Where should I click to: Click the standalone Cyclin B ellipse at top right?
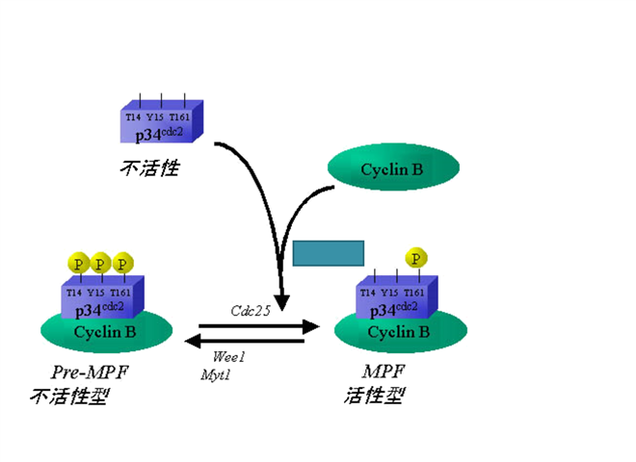pyautogui.click(x=391, y=169)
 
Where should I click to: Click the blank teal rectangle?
pyautogui.click(x=328, y=253)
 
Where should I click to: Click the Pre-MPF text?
pyautogui.click(x=90, y=372)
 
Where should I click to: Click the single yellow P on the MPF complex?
pyautogui.click(x=415, y=258)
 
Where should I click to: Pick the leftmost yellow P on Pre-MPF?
pyautogui.click(x=77, y=262)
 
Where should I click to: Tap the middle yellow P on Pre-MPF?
pyautogui.click(x=99, y=262)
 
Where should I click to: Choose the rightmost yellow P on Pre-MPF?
pyautogui.click(x=121, y=262)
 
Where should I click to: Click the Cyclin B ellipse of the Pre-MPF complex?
pyautogui.click(x=106, y=332)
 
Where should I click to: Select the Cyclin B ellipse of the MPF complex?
pyautogui.click(x=400, y=332)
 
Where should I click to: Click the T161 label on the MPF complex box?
pyautogui.click(x=415, y=292)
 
